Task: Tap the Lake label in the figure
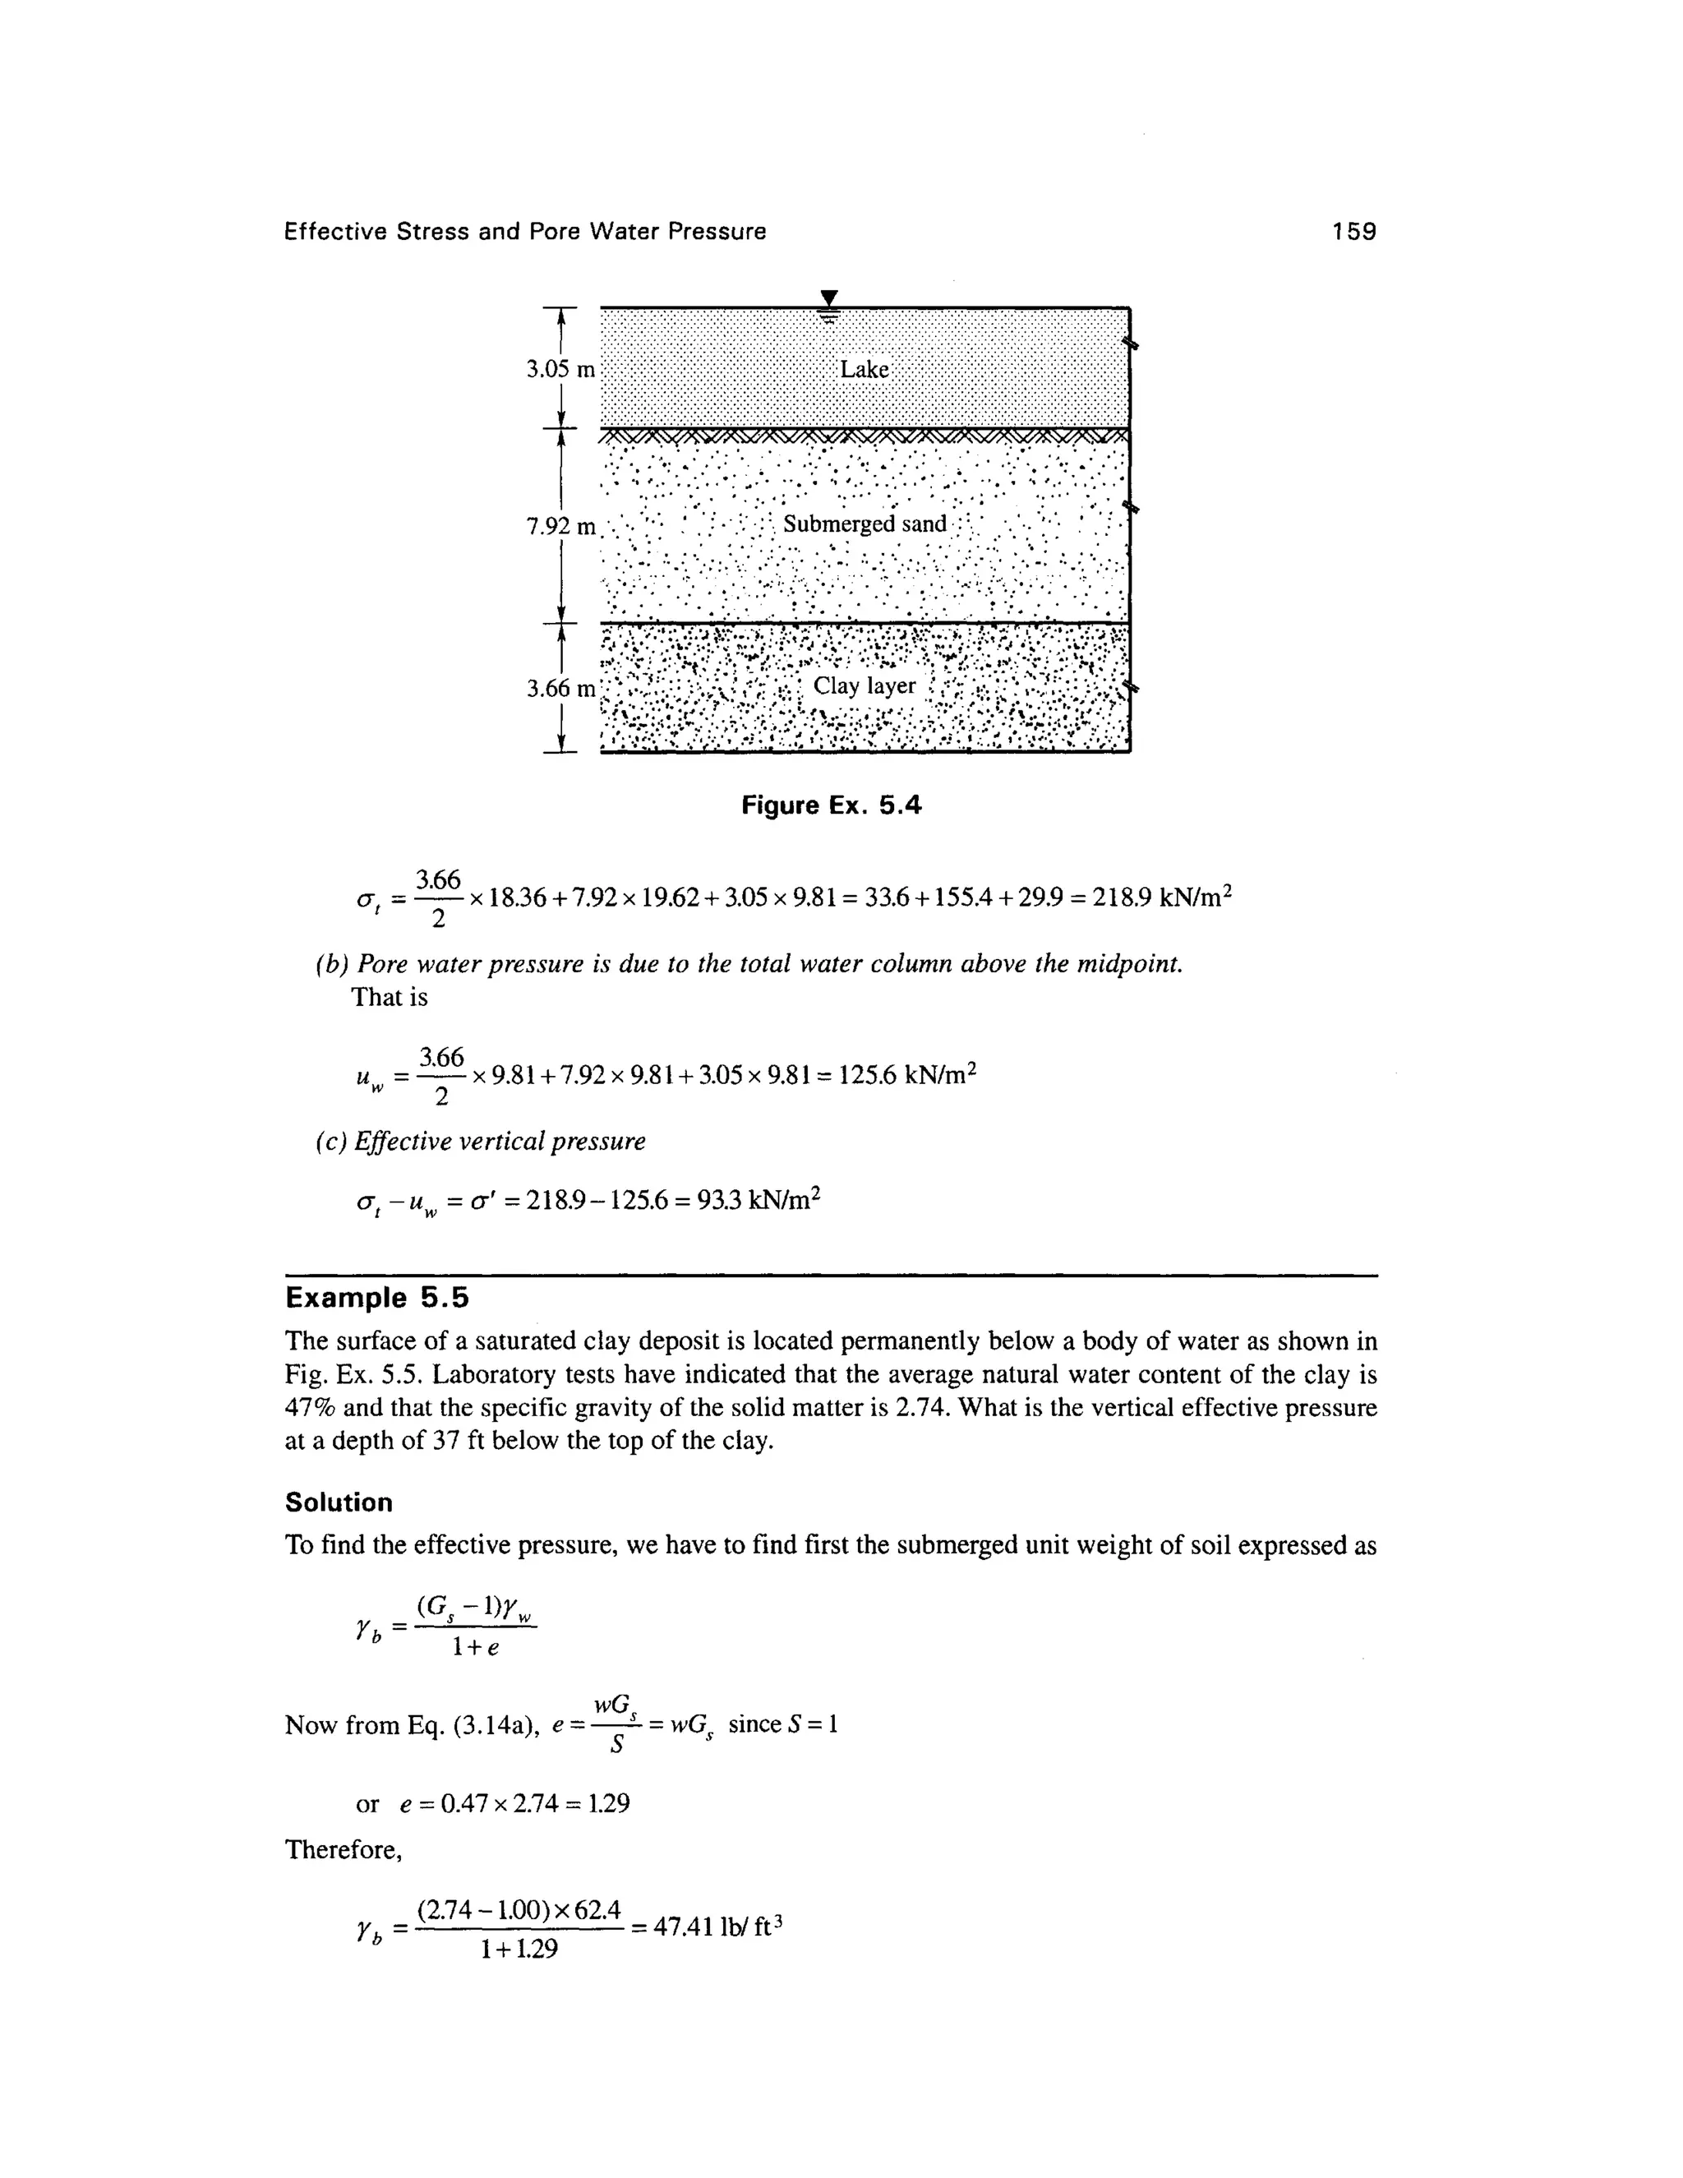point(864,369)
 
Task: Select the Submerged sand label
point(865,524)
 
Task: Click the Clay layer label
point(865,686)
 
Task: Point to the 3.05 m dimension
point(560,370)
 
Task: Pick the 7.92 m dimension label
point(560,525)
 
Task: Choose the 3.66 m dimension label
point(560,688)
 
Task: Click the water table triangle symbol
point(828,298)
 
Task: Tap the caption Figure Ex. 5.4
point(832,805)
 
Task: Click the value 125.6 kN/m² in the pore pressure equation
point(906,1075)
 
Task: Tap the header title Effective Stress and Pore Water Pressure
point(525,232)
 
